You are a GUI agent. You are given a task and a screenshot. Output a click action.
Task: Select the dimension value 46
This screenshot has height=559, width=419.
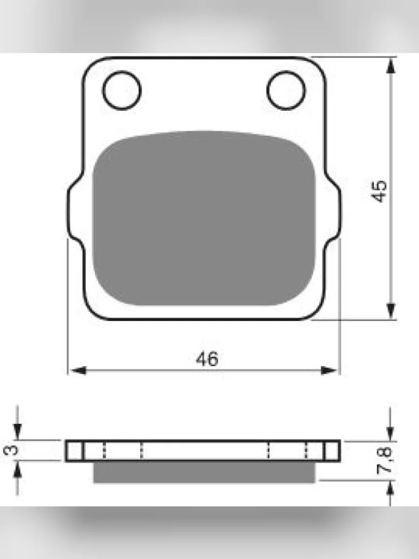coord(207,359)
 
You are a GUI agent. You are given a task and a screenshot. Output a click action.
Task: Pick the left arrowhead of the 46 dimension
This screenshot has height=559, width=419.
coord(78,370)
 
